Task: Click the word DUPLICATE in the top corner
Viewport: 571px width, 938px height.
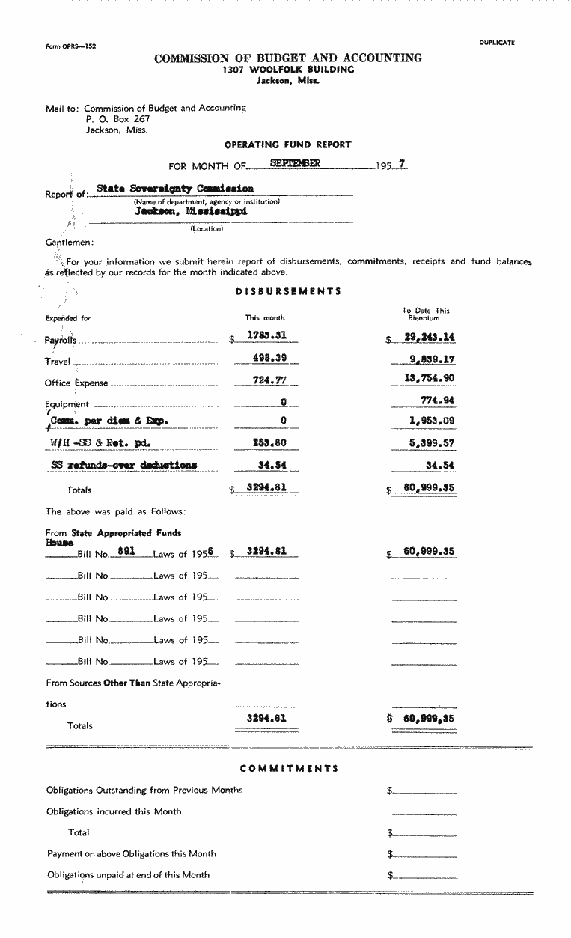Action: click(x=497, y=43)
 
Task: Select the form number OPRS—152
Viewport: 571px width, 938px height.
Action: click(x=71, y=46)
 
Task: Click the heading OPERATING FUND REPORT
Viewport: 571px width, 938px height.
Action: click(x=288, y=144)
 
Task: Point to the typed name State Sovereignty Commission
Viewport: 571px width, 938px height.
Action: click(x=175, y=189)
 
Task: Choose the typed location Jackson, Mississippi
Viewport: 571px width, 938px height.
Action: click(x=191, y=211)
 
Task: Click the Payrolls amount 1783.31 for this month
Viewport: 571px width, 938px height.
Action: click(x=267, y=336)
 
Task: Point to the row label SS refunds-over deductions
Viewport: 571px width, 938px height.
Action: click(x=124, y=465)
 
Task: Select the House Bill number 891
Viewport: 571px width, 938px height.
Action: click(x=126, y=550)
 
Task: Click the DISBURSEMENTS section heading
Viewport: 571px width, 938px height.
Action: click(x=288, y=291)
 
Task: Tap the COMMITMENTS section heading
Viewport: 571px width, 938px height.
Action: click(x=289, y=768)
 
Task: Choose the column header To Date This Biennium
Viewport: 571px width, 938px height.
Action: click(x=426, y=314)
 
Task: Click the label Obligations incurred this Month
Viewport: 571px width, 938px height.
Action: click(x=114, y=811)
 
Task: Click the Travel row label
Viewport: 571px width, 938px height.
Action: click(x=58, y=362)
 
